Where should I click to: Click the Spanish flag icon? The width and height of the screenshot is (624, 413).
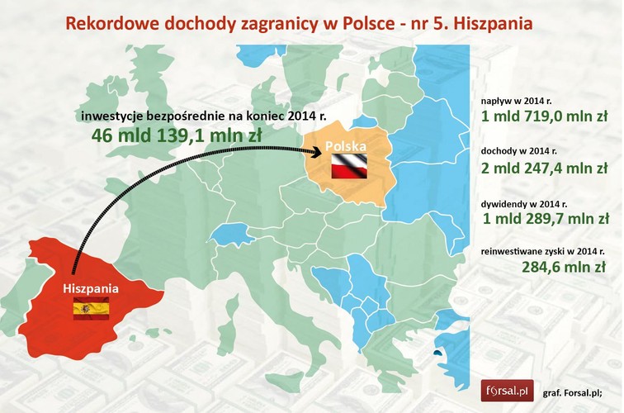pos(91,311)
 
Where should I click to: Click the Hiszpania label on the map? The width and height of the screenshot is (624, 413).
pos(91,289)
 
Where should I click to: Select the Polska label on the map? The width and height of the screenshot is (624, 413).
pos(346,146)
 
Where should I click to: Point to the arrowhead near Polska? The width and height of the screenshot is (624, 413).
pos(314,150)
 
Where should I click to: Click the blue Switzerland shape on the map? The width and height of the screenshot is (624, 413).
pos(231,234)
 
